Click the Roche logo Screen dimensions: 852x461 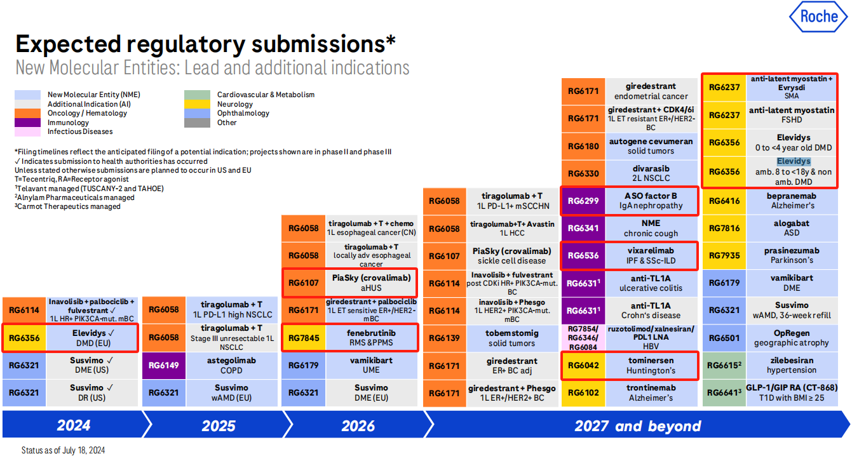pos(819,17)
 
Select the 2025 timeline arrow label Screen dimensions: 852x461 pos(219,425)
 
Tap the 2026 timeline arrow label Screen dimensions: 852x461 pos(358,425)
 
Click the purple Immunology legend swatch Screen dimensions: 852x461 pos(27,123)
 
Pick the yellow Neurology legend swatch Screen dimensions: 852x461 pos(197,104)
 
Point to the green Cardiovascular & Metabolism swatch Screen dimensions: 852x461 pos(197,95)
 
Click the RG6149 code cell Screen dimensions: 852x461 pos(163,365)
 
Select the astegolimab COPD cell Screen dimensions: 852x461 pos(232,365)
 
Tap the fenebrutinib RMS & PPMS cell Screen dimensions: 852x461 pos(371,338)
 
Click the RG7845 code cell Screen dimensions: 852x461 pos(303,338)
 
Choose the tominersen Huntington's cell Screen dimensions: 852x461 pos(651,365)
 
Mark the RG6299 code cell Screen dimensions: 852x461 pos(583,201)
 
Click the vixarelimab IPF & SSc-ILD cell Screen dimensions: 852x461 pos(651,255)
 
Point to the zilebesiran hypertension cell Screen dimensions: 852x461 pos(792,365)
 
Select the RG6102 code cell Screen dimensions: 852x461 pos(583,393)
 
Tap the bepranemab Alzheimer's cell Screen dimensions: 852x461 pos(792,201)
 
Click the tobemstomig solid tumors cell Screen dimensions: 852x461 pos(512,338)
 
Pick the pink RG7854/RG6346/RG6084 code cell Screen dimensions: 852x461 pos(583,338)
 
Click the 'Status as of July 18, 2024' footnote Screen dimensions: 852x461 pos(63,450)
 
